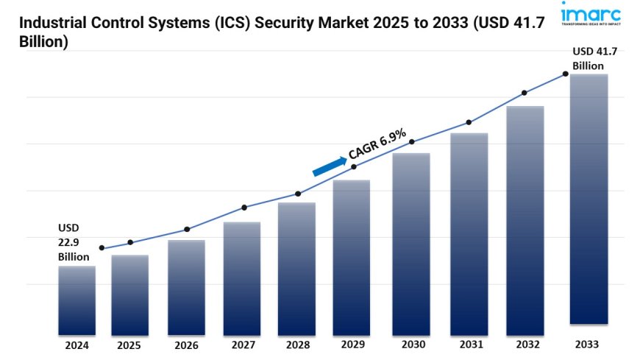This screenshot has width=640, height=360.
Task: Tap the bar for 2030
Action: tap(410, 243)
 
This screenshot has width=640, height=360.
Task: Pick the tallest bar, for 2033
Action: tap(589, 199)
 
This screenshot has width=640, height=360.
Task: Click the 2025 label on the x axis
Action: tap(129, 344)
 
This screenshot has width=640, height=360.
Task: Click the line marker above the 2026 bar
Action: tap(187, 229)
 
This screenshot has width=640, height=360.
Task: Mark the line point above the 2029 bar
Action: tap(354, 167)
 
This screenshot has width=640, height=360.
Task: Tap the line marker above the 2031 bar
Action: tap(469, 122)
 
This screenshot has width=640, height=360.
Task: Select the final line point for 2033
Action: tap(565, 74)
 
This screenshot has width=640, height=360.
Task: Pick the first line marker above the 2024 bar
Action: tap(102, 248)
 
